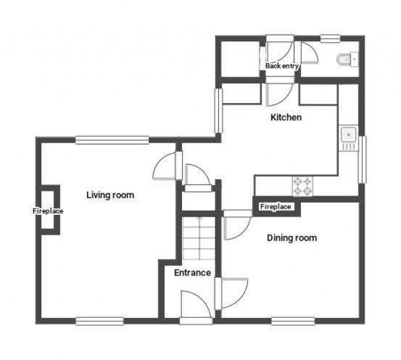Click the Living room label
110,195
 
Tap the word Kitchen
286,117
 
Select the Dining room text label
291,238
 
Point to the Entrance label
192,272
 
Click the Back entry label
282,65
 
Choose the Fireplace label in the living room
48,211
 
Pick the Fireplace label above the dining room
275,207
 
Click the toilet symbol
345,59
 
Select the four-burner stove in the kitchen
302,184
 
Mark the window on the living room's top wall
112,140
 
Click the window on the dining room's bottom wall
293,320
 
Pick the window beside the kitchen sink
363,159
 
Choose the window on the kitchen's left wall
218,111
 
